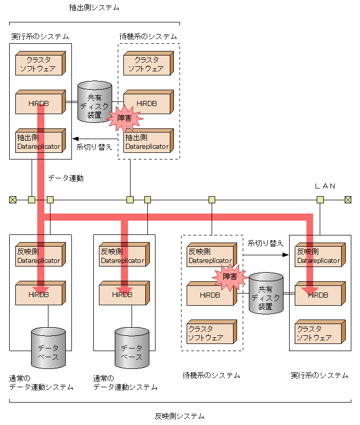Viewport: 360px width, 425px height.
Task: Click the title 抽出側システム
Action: pyautogui.click(x=94, y=8)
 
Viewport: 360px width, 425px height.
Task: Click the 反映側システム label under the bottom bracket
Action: pyautogui.click(x=179, y=416)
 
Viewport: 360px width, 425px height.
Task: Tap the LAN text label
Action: pyautogui.click(x=325, y=187)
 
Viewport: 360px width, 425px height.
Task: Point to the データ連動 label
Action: pyautogui.click(x=66, y=178)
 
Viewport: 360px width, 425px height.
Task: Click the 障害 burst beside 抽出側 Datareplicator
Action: pyautogui.click(x=125, y=118)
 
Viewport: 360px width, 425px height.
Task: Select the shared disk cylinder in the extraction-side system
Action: pyautogui.click(x=94, y=101)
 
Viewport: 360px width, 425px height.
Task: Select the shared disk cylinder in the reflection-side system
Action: pyautogui.click(x=265, y=293)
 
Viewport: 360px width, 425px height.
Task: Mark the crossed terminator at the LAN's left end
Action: pyautogui.click(x=13, y=200)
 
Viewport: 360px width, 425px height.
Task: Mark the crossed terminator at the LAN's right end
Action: pyautogui.click(x=348, y=200)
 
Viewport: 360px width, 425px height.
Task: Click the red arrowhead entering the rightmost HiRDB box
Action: pyautogui.click(x=310, y=290)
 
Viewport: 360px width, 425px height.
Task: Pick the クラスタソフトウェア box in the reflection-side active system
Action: pyautogui.click(x=319, y=333)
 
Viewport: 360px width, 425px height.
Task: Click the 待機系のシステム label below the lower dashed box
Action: pyautogui.click(x=211, y=376)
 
